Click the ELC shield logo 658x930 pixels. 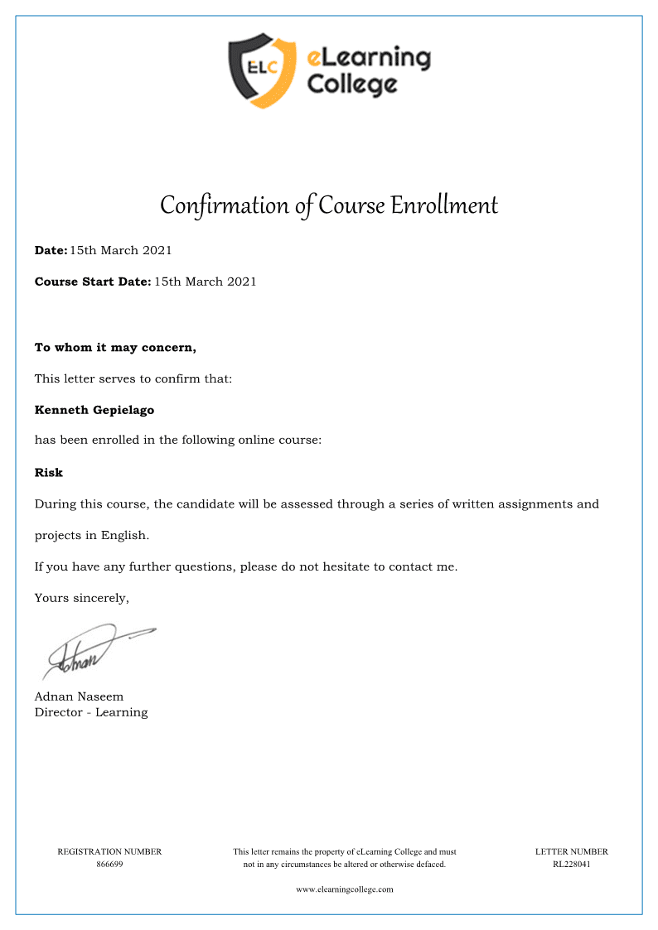262,70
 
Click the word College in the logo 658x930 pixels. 352,84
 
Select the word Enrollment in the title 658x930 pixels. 444,205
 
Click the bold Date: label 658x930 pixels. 51,250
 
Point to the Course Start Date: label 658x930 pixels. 93,282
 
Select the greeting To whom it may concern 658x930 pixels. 115,348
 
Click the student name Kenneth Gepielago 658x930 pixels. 94,410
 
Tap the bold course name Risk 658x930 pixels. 48,473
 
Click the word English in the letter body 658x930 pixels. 124,535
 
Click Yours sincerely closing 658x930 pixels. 82,598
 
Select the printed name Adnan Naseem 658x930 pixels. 79,697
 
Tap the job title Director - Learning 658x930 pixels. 91,712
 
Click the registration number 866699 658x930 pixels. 109,865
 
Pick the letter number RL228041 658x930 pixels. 572,865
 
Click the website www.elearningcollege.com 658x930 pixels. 345,889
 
